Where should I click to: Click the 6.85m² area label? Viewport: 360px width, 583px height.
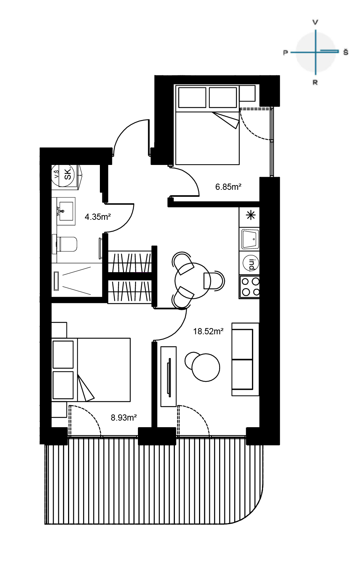click(x=228, y=187)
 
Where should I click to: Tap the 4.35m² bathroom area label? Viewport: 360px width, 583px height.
click(x=98, y=217)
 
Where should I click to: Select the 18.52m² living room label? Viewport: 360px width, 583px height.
click(x=208, y=331)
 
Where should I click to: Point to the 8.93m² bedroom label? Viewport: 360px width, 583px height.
click(x=124, y=417)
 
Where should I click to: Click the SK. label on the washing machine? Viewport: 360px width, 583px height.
click(x=68, y=174)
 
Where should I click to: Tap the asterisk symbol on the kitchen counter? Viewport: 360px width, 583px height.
click(x=251, y=215)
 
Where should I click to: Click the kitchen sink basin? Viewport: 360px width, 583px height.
click(x=250, y=238)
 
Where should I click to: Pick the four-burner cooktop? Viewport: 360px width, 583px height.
click(x=250, y=287)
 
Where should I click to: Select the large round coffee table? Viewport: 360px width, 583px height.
click(x=206, y=368)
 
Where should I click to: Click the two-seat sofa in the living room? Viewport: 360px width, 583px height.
click(x=245, y=359)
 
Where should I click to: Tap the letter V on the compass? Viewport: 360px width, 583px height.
click(x=315, y=22)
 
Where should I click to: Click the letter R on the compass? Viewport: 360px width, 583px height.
click(x=315, y=83)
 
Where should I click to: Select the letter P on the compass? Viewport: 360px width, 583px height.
click(x=286, y=53)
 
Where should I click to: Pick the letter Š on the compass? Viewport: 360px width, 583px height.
click(x=345, y=52)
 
